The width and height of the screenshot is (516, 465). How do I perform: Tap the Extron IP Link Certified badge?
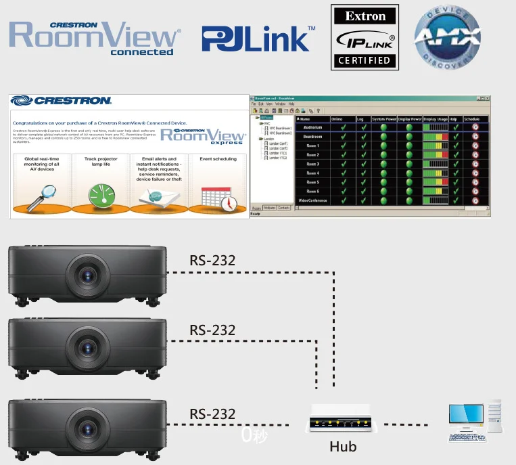(x=365, y=37)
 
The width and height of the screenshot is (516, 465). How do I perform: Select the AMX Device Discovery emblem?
(x=448, y=39)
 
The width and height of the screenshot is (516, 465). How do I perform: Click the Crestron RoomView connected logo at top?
(x=95, y=38)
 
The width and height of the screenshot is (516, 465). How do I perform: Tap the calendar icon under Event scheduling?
(x=218, y=196)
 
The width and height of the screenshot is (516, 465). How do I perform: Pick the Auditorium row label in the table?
(x=312, y=127)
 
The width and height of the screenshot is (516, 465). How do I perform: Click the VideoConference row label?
(x=312, y=200)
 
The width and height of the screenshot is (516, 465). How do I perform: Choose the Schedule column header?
(x=471, y=119)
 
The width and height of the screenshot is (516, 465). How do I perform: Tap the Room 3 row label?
(x=312, y=164)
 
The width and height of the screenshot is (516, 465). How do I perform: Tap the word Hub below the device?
(x=342, y=447)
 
